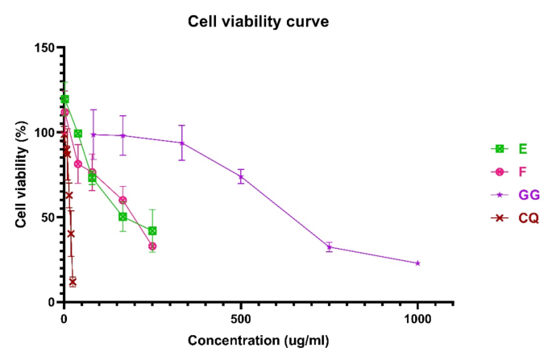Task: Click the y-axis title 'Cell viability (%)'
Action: coord(23,175)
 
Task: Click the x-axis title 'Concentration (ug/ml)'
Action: coord(259,341)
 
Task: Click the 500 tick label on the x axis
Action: coord(240,318)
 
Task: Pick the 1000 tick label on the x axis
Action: coord(417,318)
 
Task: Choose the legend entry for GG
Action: coord(516,194)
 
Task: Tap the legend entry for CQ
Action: coord(516,217)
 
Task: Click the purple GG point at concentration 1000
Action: coord(417,263)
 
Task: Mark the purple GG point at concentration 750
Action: coord(329,247)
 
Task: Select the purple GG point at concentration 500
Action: coord(240,176)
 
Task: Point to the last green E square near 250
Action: coord(152,230)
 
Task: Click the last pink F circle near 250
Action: coord(152,246)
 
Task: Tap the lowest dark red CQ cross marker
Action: coord(73,282)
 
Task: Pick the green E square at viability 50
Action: coord(122,217)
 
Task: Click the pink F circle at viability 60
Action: coord(122,200)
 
